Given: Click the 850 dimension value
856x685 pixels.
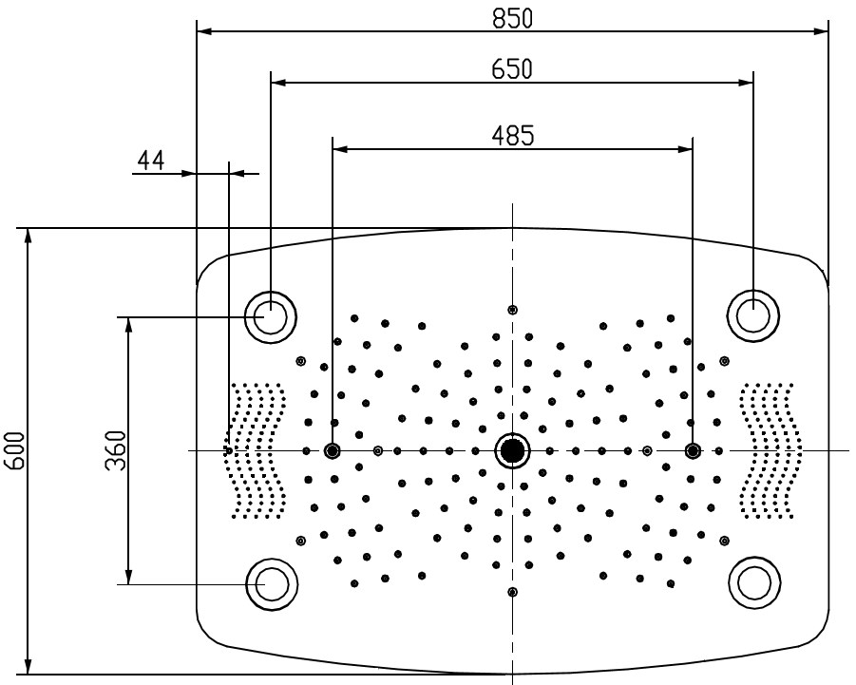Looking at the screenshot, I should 512,17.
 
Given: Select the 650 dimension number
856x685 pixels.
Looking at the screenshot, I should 512,69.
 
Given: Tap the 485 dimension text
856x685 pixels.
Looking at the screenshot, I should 512,136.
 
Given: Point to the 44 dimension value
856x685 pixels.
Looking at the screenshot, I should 150,161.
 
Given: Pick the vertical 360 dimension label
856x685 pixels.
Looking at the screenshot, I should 114,450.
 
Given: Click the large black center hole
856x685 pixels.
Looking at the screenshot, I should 512,450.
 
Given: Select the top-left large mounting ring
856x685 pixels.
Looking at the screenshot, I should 271,315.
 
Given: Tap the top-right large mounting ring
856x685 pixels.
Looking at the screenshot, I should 752,315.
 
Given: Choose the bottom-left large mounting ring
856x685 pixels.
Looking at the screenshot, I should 271,583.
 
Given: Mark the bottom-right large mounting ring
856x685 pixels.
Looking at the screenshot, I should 752,583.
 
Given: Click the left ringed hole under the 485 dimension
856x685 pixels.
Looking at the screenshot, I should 333,450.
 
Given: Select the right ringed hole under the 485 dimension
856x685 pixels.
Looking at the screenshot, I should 693,450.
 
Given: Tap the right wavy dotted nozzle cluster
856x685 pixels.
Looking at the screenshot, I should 770,450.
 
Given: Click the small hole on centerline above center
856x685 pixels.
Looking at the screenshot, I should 513,310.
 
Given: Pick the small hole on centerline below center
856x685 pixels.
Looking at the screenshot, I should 513,592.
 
